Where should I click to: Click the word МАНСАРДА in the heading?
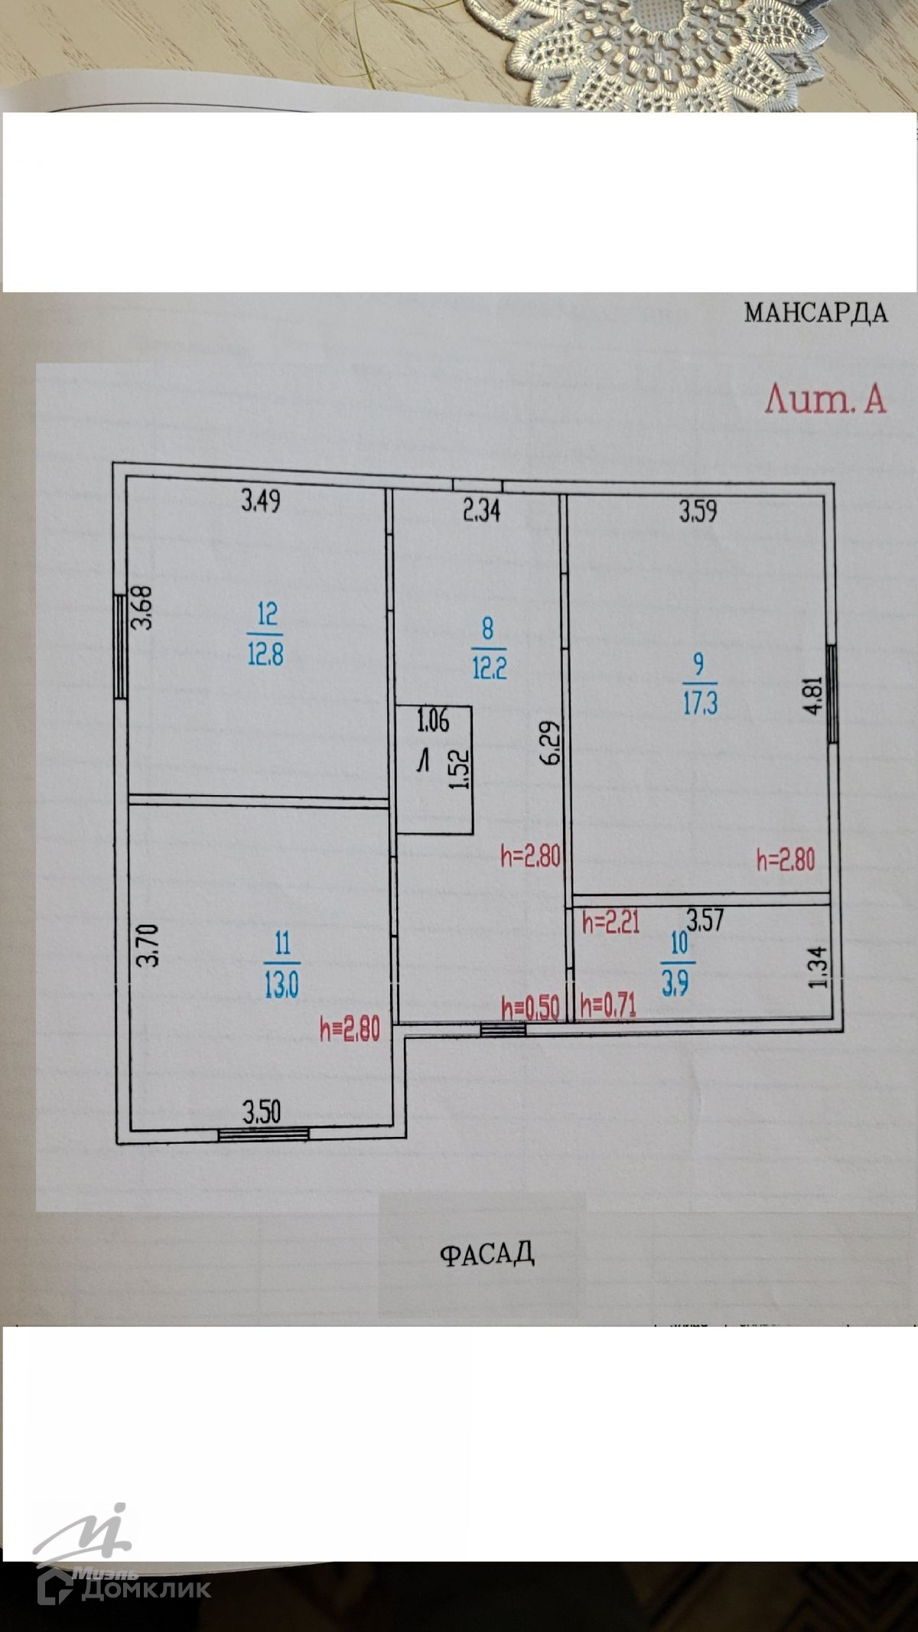815,313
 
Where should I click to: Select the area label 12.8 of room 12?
265,655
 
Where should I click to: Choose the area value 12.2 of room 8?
489,669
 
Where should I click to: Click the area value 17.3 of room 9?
700,703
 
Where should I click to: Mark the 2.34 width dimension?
482,510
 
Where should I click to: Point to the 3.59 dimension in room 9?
698,511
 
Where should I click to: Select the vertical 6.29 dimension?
551,743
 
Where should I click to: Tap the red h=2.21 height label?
610,923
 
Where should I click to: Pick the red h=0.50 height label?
529,1008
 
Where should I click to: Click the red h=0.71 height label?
609,1007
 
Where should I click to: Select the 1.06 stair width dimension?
433,721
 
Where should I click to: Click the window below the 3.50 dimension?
263,1134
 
